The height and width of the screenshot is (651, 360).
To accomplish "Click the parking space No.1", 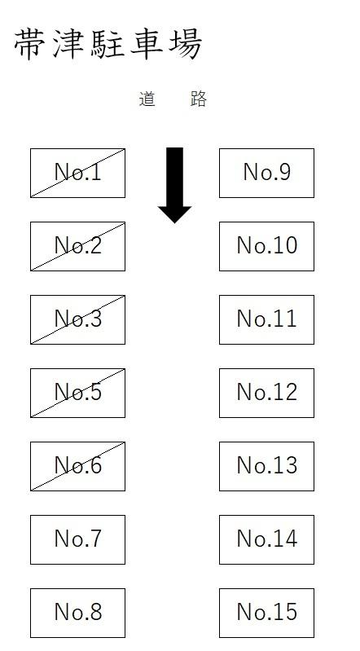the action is [x=77, y=173].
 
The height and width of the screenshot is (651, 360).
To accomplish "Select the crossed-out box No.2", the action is [x=77, y=246].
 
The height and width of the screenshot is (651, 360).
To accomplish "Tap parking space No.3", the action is [x=77, y=319].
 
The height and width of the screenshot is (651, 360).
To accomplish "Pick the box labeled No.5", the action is [x=77, y=393].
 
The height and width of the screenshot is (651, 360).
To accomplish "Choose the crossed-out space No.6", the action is [x=77, y=466].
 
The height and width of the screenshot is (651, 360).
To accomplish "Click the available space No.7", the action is [x=77, y=539].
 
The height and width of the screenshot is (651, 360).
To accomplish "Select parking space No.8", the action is [x=77, y=613].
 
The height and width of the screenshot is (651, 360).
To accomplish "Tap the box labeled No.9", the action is [x=266, y=173].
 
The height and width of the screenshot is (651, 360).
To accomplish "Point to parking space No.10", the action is [x=266, y=246].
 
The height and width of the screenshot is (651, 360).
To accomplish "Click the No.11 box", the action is [x=266, y=319].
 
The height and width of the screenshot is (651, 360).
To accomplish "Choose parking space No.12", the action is [x=266, y=393].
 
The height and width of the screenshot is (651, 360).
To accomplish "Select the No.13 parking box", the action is [x=266, y=466].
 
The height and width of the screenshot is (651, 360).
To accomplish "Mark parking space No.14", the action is [x=266, y=539].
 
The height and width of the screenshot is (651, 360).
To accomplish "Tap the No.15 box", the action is [x=266, y=613].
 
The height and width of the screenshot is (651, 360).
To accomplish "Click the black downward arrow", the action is [x=174, y=185].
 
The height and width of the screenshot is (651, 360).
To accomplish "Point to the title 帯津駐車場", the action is [x=108, y=44].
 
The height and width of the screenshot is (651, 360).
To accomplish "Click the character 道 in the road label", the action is [x=147, y=99].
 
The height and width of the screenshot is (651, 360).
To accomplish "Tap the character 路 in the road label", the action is [x=199, y=99].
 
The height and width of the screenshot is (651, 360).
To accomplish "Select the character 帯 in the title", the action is [x=30, y=44].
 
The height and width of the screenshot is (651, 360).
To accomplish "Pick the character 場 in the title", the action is [x=186, y=44].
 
